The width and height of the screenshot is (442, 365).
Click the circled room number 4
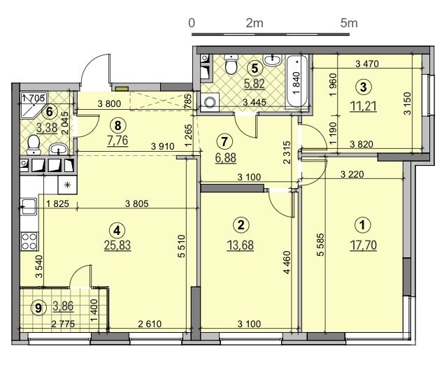tap(117, 230)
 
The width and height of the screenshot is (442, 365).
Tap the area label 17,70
tap(363, 245)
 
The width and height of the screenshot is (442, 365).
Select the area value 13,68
tap(240, 245)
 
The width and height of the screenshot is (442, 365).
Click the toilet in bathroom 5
tap(230, 64)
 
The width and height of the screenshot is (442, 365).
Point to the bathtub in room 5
tap(297, 81)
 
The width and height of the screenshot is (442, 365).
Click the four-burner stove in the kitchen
tap(29, 241)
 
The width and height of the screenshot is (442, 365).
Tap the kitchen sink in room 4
tap(29, 206)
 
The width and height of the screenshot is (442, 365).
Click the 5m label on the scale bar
tap(349, 23)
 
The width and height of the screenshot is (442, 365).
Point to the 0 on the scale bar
tap(192, 23)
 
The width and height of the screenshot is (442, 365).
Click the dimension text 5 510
tap(181, 246)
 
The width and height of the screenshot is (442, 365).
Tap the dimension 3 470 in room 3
tap(367, 64)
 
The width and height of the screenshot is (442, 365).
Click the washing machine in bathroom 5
tap(209, 102)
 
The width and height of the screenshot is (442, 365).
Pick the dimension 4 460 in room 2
tap(287, 262)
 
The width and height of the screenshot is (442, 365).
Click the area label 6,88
tap(225, 157)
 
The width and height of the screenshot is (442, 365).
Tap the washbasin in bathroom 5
tap(272, 60)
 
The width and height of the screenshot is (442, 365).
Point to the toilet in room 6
tap(34, 144)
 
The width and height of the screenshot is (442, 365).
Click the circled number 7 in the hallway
tap(224, 141)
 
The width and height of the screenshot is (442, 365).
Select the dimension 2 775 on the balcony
tap(63, 324)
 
